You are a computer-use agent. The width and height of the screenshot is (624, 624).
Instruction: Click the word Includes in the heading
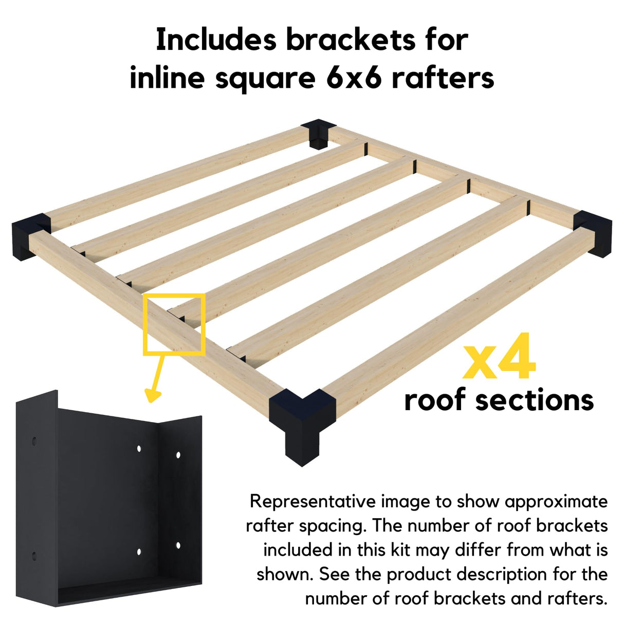point(216,40)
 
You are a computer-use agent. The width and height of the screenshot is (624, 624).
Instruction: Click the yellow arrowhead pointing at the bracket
point(153,394)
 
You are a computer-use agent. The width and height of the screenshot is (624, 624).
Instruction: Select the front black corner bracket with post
point(302,421)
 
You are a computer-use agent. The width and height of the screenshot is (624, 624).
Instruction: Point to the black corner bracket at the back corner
point(319,133)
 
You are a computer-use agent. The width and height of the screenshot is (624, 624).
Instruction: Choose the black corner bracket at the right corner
point(595,232)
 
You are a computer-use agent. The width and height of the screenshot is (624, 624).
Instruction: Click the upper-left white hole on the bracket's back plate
point(139,449)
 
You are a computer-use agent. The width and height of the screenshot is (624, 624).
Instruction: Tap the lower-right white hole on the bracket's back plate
point(178,545)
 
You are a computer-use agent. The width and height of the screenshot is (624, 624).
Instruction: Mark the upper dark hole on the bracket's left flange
point(34,442)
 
